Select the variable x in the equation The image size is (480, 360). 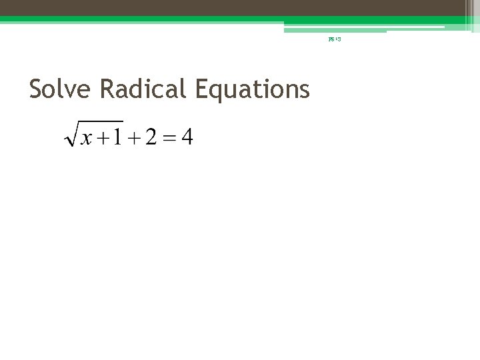coord(85,139)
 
